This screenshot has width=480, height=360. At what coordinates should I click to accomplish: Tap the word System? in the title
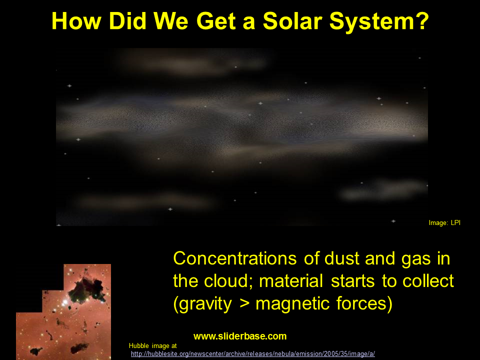[379, 22]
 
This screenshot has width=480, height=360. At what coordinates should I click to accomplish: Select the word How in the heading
[76, 21]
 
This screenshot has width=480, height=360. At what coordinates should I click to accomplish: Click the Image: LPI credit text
[444, 223]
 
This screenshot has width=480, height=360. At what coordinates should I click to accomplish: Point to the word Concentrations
[235, 258]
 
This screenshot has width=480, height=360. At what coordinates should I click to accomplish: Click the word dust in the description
[341, 258]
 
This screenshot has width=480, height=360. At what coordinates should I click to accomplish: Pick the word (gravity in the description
[202, 304]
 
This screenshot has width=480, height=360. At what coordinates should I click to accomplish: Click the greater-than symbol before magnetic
[243, 304]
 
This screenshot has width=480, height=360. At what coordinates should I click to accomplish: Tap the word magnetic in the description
[292, 304]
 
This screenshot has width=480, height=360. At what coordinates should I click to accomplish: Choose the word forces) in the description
[364, 303]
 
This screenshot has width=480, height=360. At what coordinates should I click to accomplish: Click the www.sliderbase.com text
[240, 336]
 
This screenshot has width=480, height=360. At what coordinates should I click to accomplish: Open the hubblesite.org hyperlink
[253, 354]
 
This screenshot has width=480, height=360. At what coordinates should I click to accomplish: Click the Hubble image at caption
[153, 346]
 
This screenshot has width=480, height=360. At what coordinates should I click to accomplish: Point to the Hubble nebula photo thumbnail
[63, 312]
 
